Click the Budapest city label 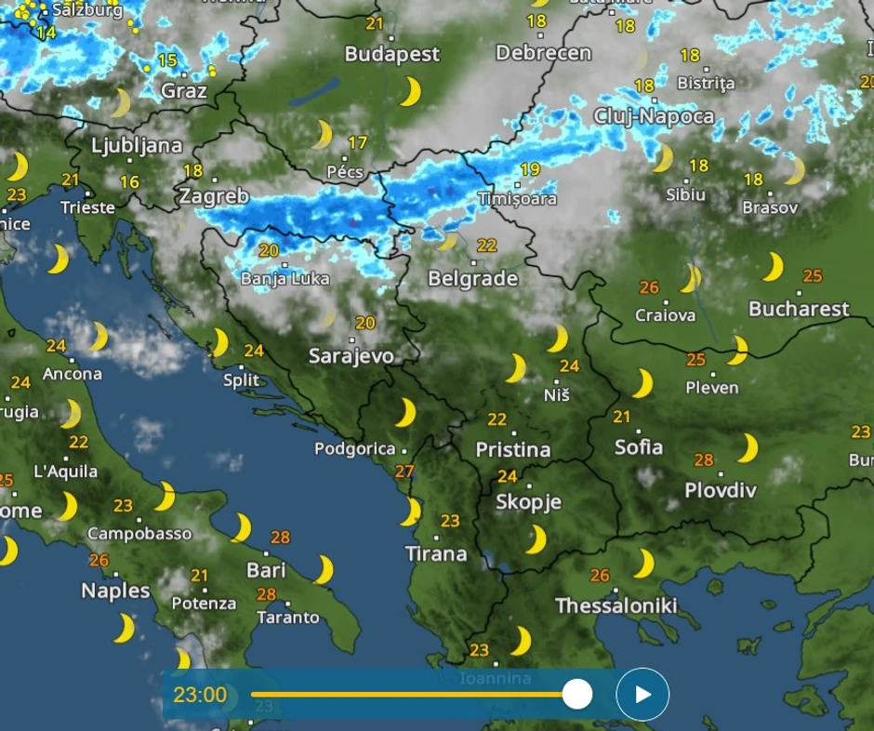pos(391,54)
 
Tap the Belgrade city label pos(472,278)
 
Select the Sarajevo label pos(351,355)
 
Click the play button pos(642,694)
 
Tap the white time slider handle pos(577,694)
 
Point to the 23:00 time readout pos(200,695)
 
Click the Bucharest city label pos(799,309)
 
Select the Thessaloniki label pos(616,605)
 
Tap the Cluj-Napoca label pos(654,116)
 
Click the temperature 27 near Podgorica pos(404,472)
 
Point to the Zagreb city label pos(214,196)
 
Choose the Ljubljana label pos(137,146)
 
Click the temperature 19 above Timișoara pos(530,169)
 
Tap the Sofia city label pos(639,446)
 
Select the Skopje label pos(528,502)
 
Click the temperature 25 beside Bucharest pos(813,275)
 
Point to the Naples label pos(115,590)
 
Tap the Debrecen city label pos(543,53)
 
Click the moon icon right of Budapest pos(410,91)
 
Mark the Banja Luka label pos(285,278)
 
